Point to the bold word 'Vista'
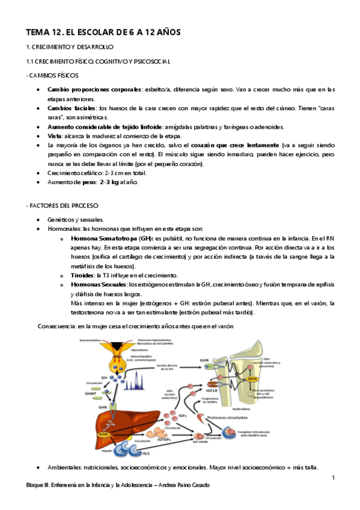click(55, 136)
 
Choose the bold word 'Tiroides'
click(83, 275)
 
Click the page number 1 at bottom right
click(332, 478)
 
